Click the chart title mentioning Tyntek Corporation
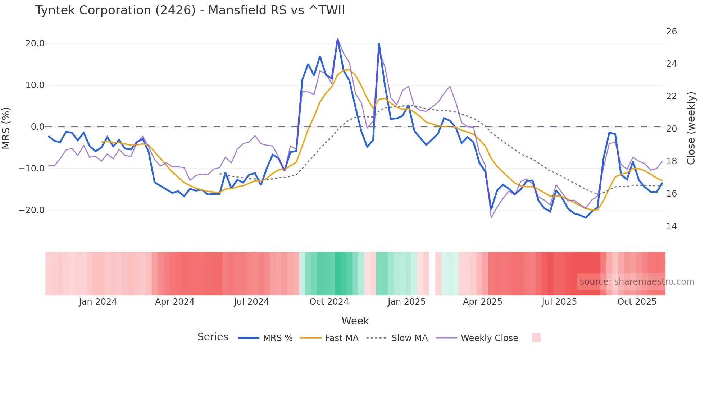190,10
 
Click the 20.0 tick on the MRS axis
35,43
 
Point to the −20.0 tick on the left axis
32,210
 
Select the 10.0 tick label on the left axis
35,85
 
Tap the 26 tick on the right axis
671,32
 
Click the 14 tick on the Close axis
671,226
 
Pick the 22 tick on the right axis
671,96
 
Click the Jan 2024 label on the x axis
98,302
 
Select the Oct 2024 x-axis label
329,302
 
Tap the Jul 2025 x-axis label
559,302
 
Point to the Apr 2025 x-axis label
482,302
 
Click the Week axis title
355,321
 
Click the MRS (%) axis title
6,128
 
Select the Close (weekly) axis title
691,128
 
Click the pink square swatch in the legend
536,338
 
